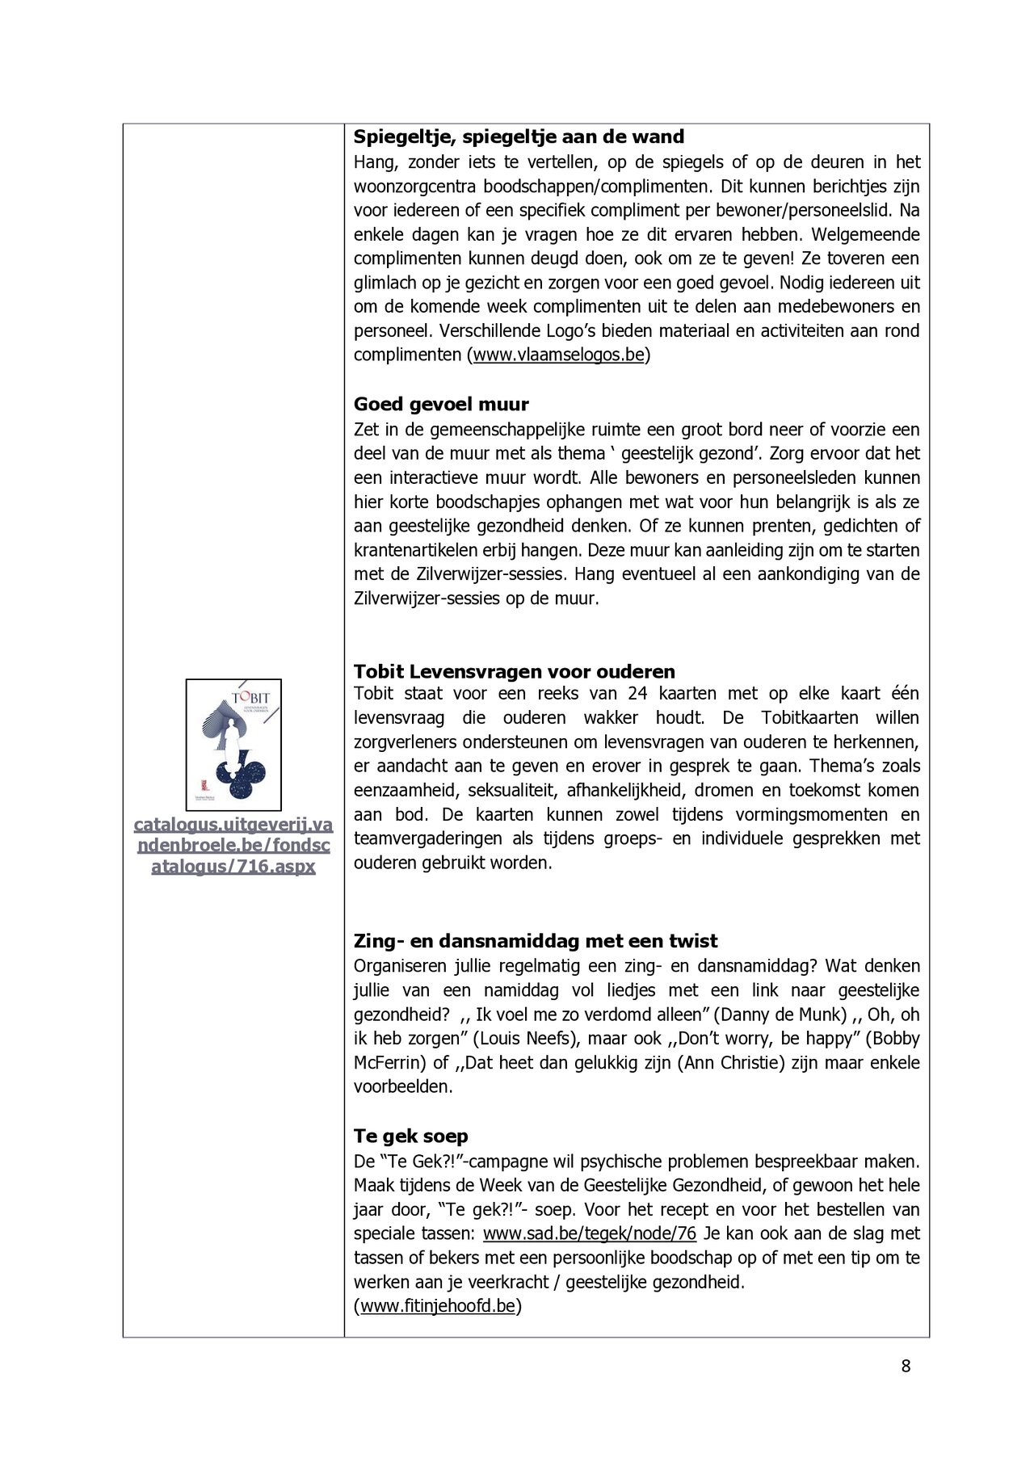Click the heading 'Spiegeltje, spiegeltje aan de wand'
519,137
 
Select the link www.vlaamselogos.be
558,355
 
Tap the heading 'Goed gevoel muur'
441,404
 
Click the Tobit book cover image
233,745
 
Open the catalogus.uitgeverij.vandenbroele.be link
233,846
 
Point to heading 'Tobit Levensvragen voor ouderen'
514,671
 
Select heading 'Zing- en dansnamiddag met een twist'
535,941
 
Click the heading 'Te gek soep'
410,1136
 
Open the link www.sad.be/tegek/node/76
589,1233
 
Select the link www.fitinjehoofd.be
437,1306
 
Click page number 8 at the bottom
906,1366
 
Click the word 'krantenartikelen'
416,550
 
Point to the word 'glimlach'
385,283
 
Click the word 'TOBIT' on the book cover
251,698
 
